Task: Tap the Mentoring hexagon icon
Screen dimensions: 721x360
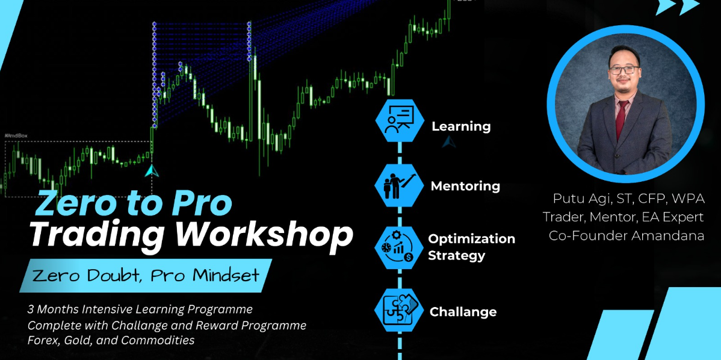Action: coord(400,185)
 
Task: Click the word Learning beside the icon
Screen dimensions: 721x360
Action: coord(461,127)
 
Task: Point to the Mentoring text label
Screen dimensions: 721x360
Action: coord(465,186)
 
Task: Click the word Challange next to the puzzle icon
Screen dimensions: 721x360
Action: coord(463,312)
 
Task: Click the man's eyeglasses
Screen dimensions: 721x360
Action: coord(624,70)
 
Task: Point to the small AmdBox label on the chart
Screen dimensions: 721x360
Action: coord(13,136)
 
